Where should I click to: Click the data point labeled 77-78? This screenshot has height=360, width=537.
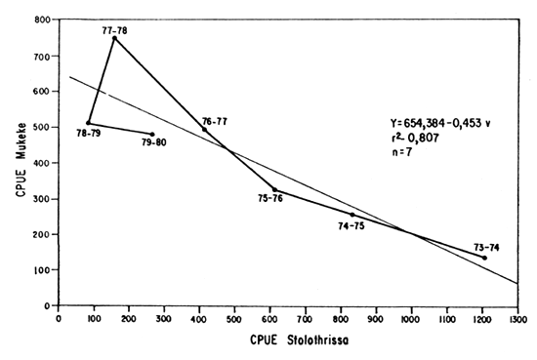coord(114,38)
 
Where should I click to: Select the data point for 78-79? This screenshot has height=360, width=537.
coord(88,123)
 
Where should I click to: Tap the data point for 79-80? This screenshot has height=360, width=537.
coord(152,135)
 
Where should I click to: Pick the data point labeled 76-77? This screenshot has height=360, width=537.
coord(204,129)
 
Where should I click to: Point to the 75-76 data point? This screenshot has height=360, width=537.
coord(274,189)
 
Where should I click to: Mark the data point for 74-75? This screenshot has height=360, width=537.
coord(352,215)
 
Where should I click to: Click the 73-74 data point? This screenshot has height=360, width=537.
coord(484,258)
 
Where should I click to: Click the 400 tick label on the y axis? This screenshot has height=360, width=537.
coord(42,163)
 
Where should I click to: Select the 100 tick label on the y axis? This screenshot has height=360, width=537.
coord(42,270)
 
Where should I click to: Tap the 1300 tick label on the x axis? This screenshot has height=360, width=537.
coord(517,317)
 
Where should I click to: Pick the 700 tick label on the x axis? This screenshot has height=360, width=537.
coord(306,317)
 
